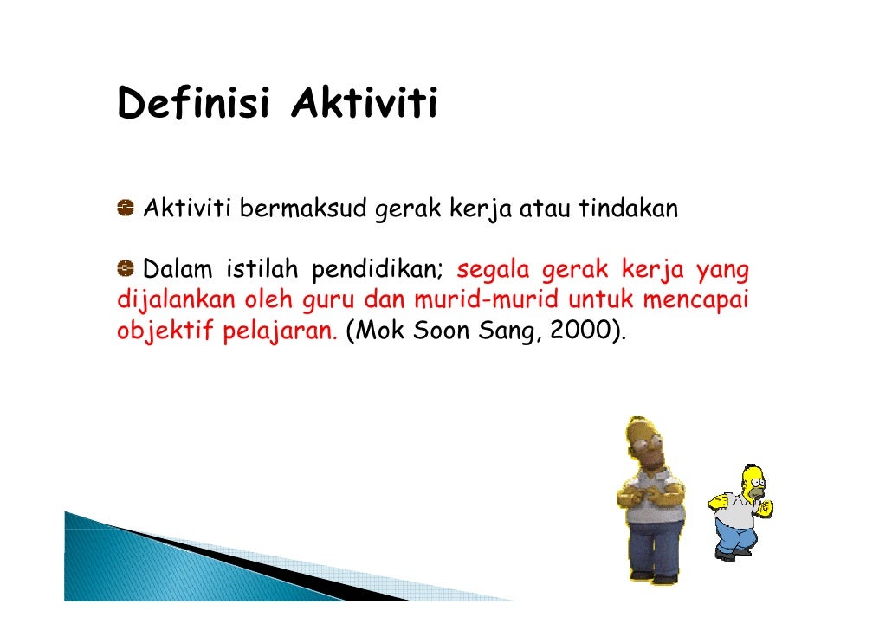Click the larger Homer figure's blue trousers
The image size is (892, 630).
pyautogui.click(x=655, y=545)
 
